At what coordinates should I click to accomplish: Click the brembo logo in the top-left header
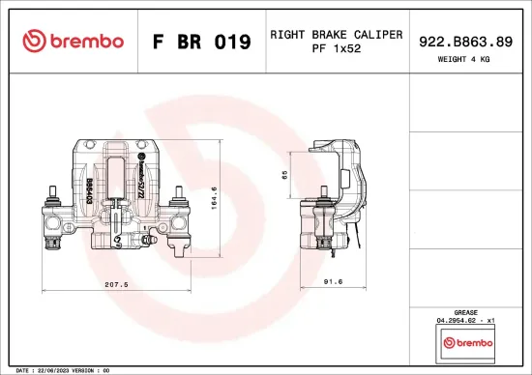pyautogui.click(x=73, y=42)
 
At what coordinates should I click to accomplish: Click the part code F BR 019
pyautogui.click(x=202, y=43)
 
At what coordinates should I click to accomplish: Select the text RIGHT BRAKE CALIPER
pyautogui.click(x=336, y=35)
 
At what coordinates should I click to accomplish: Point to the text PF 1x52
pyautogui.click(x=336, y=48)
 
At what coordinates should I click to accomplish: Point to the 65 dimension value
pyautogui.click(x=284, y=176)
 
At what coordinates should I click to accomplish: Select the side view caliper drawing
pyautogui.click(x=337, y=198)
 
